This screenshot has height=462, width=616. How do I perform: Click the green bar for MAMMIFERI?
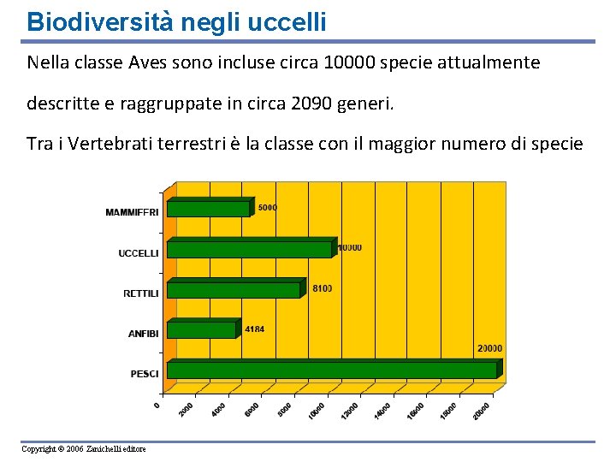208,208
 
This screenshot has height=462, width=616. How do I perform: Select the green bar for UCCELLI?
249,249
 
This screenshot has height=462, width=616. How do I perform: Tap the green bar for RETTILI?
234,290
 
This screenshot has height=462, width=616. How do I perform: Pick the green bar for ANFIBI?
201,330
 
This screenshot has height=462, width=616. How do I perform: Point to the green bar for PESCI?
331,370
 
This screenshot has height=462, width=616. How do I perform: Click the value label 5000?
268,207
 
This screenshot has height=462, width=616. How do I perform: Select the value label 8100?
322,288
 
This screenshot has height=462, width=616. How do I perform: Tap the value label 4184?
254,329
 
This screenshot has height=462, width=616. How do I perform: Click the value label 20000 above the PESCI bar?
489,348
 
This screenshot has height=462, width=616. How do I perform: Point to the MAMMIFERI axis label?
132,212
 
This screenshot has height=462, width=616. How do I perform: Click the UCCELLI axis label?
138,252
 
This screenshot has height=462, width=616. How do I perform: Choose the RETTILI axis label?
140,293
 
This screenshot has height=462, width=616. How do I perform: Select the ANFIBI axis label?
143,334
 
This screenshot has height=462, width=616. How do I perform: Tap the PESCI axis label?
145,374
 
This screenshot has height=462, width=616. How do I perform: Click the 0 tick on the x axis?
157,404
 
